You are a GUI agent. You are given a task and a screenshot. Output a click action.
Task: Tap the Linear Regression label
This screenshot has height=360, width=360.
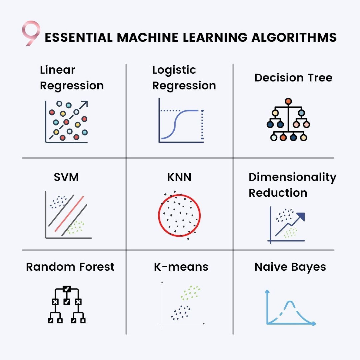(x=71, y=78)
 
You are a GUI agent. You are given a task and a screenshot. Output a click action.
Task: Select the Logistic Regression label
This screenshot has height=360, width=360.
(x=184, y=78)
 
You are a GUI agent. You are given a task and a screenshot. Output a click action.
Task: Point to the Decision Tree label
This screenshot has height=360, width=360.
(x=293, y=78)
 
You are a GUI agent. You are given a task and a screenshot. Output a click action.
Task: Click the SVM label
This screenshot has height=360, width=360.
(x=66, y=177)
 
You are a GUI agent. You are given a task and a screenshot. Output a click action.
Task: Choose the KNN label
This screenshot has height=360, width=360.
(x=179, y=177)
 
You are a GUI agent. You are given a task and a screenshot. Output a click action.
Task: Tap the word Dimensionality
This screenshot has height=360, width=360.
(x=292, y=177)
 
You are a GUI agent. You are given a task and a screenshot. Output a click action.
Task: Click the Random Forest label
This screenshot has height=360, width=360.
(x=70, y=267)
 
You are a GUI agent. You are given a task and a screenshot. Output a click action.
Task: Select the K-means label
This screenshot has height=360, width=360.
(x=181, y=267)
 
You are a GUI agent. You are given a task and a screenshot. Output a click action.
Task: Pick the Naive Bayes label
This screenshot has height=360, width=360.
(x=290, y=267)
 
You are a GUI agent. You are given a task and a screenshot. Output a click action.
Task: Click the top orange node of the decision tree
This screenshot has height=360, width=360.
(x=288, y=101)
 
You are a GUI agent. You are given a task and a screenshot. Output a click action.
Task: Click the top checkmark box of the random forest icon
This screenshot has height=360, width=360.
(x=67, y=289)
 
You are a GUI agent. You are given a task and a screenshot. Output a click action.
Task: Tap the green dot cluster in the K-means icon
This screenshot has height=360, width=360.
(x=190, y=292)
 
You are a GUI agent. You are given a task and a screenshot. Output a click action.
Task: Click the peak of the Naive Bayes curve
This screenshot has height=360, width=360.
(x=290, y=302)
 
